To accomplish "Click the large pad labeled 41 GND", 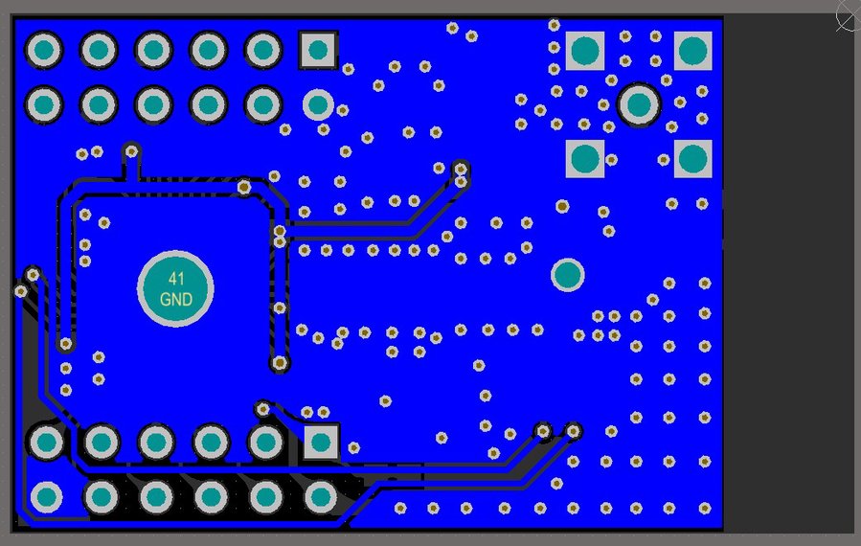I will pyautogui.click(x=175, y=288).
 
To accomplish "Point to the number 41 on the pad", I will pyautogui.click(x=176, y=279).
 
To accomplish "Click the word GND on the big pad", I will pyautogui.click(x=176, y=300).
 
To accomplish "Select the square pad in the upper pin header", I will pyautogui.click(x=319, y=49).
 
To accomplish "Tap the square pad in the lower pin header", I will pyautogui.click(x=321, y=442).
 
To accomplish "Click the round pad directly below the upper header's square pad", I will pyautogui.click(x=318, y=104).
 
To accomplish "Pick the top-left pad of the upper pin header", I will pyautogui.click(x=44, y=49).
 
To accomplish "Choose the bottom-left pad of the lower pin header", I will pyautogui.click(x=46, y=497).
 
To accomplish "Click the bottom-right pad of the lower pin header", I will pyautogui.click(x=321, y=497).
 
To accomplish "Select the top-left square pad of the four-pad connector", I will pyautogui.click(x=585, y=50).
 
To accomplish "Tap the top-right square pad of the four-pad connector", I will pyautogui.click(x=692, y=50).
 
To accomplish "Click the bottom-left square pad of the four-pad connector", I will pyautogui.click(x=585, y=158).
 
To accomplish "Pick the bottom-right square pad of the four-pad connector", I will pyautogui.click(x=692, y=158).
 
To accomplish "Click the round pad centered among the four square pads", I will pyautogui.click(x=639, y=104).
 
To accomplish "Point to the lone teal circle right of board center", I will pyautogui.click(x=568, y=275).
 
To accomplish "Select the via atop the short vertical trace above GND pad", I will pyautogui.click(x=132, y=150).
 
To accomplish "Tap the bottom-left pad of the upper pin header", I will pyautogui.click(x=44, y=104).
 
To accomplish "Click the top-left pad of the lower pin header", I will pyautogui.click(x=46, y=442).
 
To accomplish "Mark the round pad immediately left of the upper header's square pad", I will pyautogui.click(x=263, y=49).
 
